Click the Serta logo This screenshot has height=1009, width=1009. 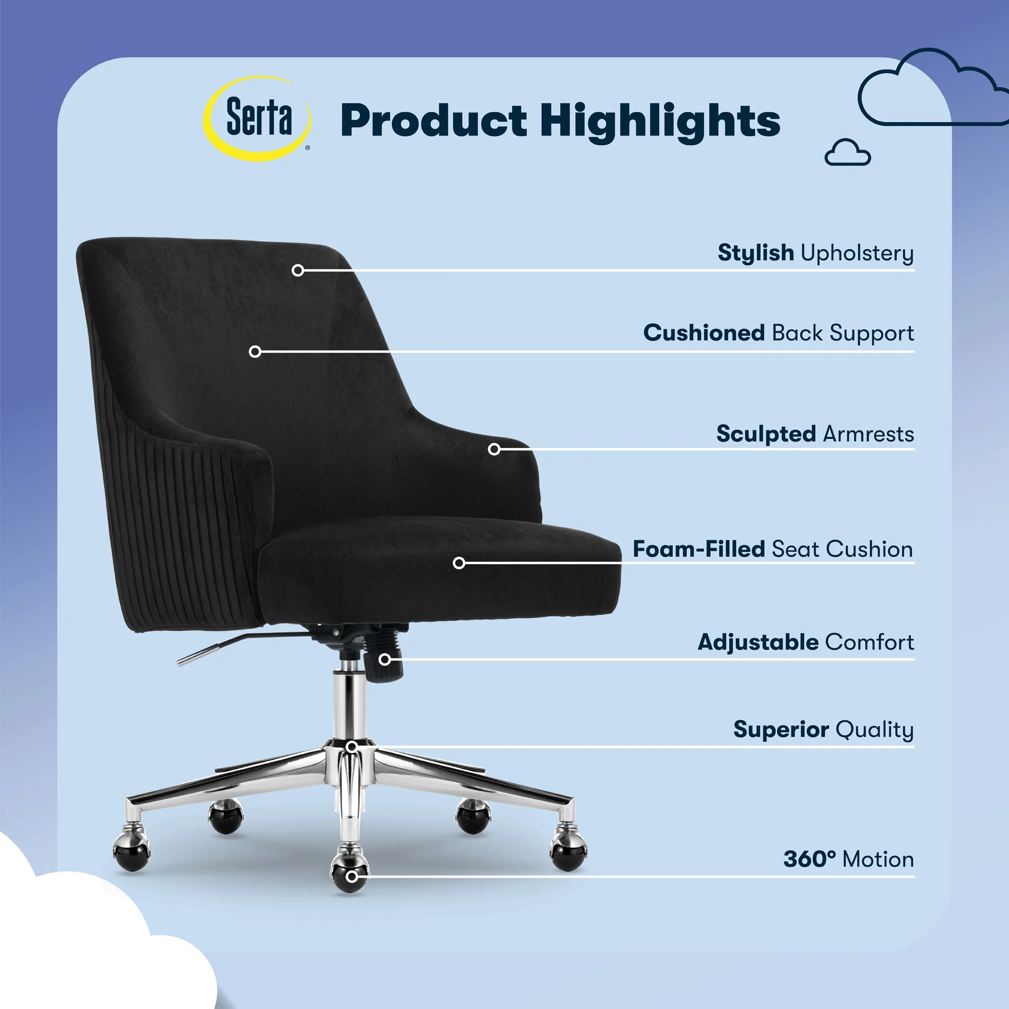tap(257, 118)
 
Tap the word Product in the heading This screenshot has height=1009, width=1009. tap(433, 121)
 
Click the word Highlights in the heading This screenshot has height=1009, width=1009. tap(660, 122)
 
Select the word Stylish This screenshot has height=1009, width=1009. tap(756, 253)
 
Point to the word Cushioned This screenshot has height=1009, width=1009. tap(704, 332)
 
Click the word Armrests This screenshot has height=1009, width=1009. tap(868, 434)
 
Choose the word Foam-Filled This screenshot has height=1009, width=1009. tap(699, 549)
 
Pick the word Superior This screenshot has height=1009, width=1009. tap(781, 730)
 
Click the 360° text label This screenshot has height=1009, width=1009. tap(809, 859)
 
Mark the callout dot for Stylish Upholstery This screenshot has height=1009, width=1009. tap(298, 270)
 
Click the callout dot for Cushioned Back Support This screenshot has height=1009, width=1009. tap(255, 352)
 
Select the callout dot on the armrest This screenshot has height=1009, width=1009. tap(494, 449)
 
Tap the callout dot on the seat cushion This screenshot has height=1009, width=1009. tap(459, 563)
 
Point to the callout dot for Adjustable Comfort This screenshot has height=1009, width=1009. tap(385, 659)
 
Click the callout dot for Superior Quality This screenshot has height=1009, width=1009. tap(352, 747)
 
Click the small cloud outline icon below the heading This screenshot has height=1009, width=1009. tap(848, 152)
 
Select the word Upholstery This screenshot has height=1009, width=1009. tap(857, 254)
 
